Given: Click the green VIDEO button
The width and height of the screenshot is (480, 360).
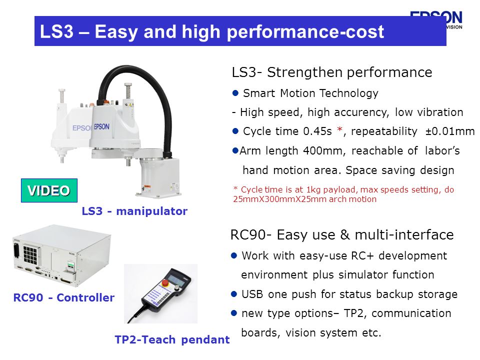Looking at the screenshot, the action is [49, 190].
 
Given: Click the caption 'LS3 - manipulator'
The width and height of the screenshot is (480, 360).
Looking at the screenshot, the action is [134, 211].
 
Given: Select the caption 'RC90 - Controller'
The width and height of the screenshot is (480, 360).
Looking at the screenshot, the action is [63, 297].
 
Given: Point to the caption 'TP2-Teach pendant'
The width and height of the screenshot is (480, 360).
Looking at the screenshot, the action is [172, 339].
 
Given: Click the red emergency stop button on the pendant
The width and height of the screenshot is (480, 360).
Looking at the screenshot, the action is [165, 282].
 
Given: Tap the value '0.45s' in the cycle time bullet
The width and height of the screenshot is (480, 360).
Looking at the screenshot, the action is [317, 131].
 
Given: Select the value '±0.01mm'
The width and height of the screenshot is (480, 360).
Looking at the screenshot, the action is [449, 131].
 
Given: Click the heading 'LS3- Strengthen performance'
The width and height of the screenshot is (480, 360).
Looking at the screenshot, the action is [332, 72].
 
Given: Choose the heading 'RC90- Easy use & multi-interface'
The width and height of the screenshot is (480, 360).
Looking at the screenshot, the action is [342, 235].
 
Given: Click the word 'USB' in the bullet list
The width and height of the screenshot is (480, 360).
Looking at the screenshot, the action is [252, 294].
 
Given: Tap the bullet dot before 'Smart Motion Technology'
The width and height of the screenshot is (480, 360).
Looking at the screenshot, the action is [235, 93].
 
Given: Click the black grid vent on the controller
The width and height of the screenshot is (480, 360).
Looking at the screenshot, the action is [30, 254].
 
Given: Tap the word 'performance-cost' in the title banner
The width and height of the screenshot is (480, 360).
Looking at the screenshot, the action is [305, 32].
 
